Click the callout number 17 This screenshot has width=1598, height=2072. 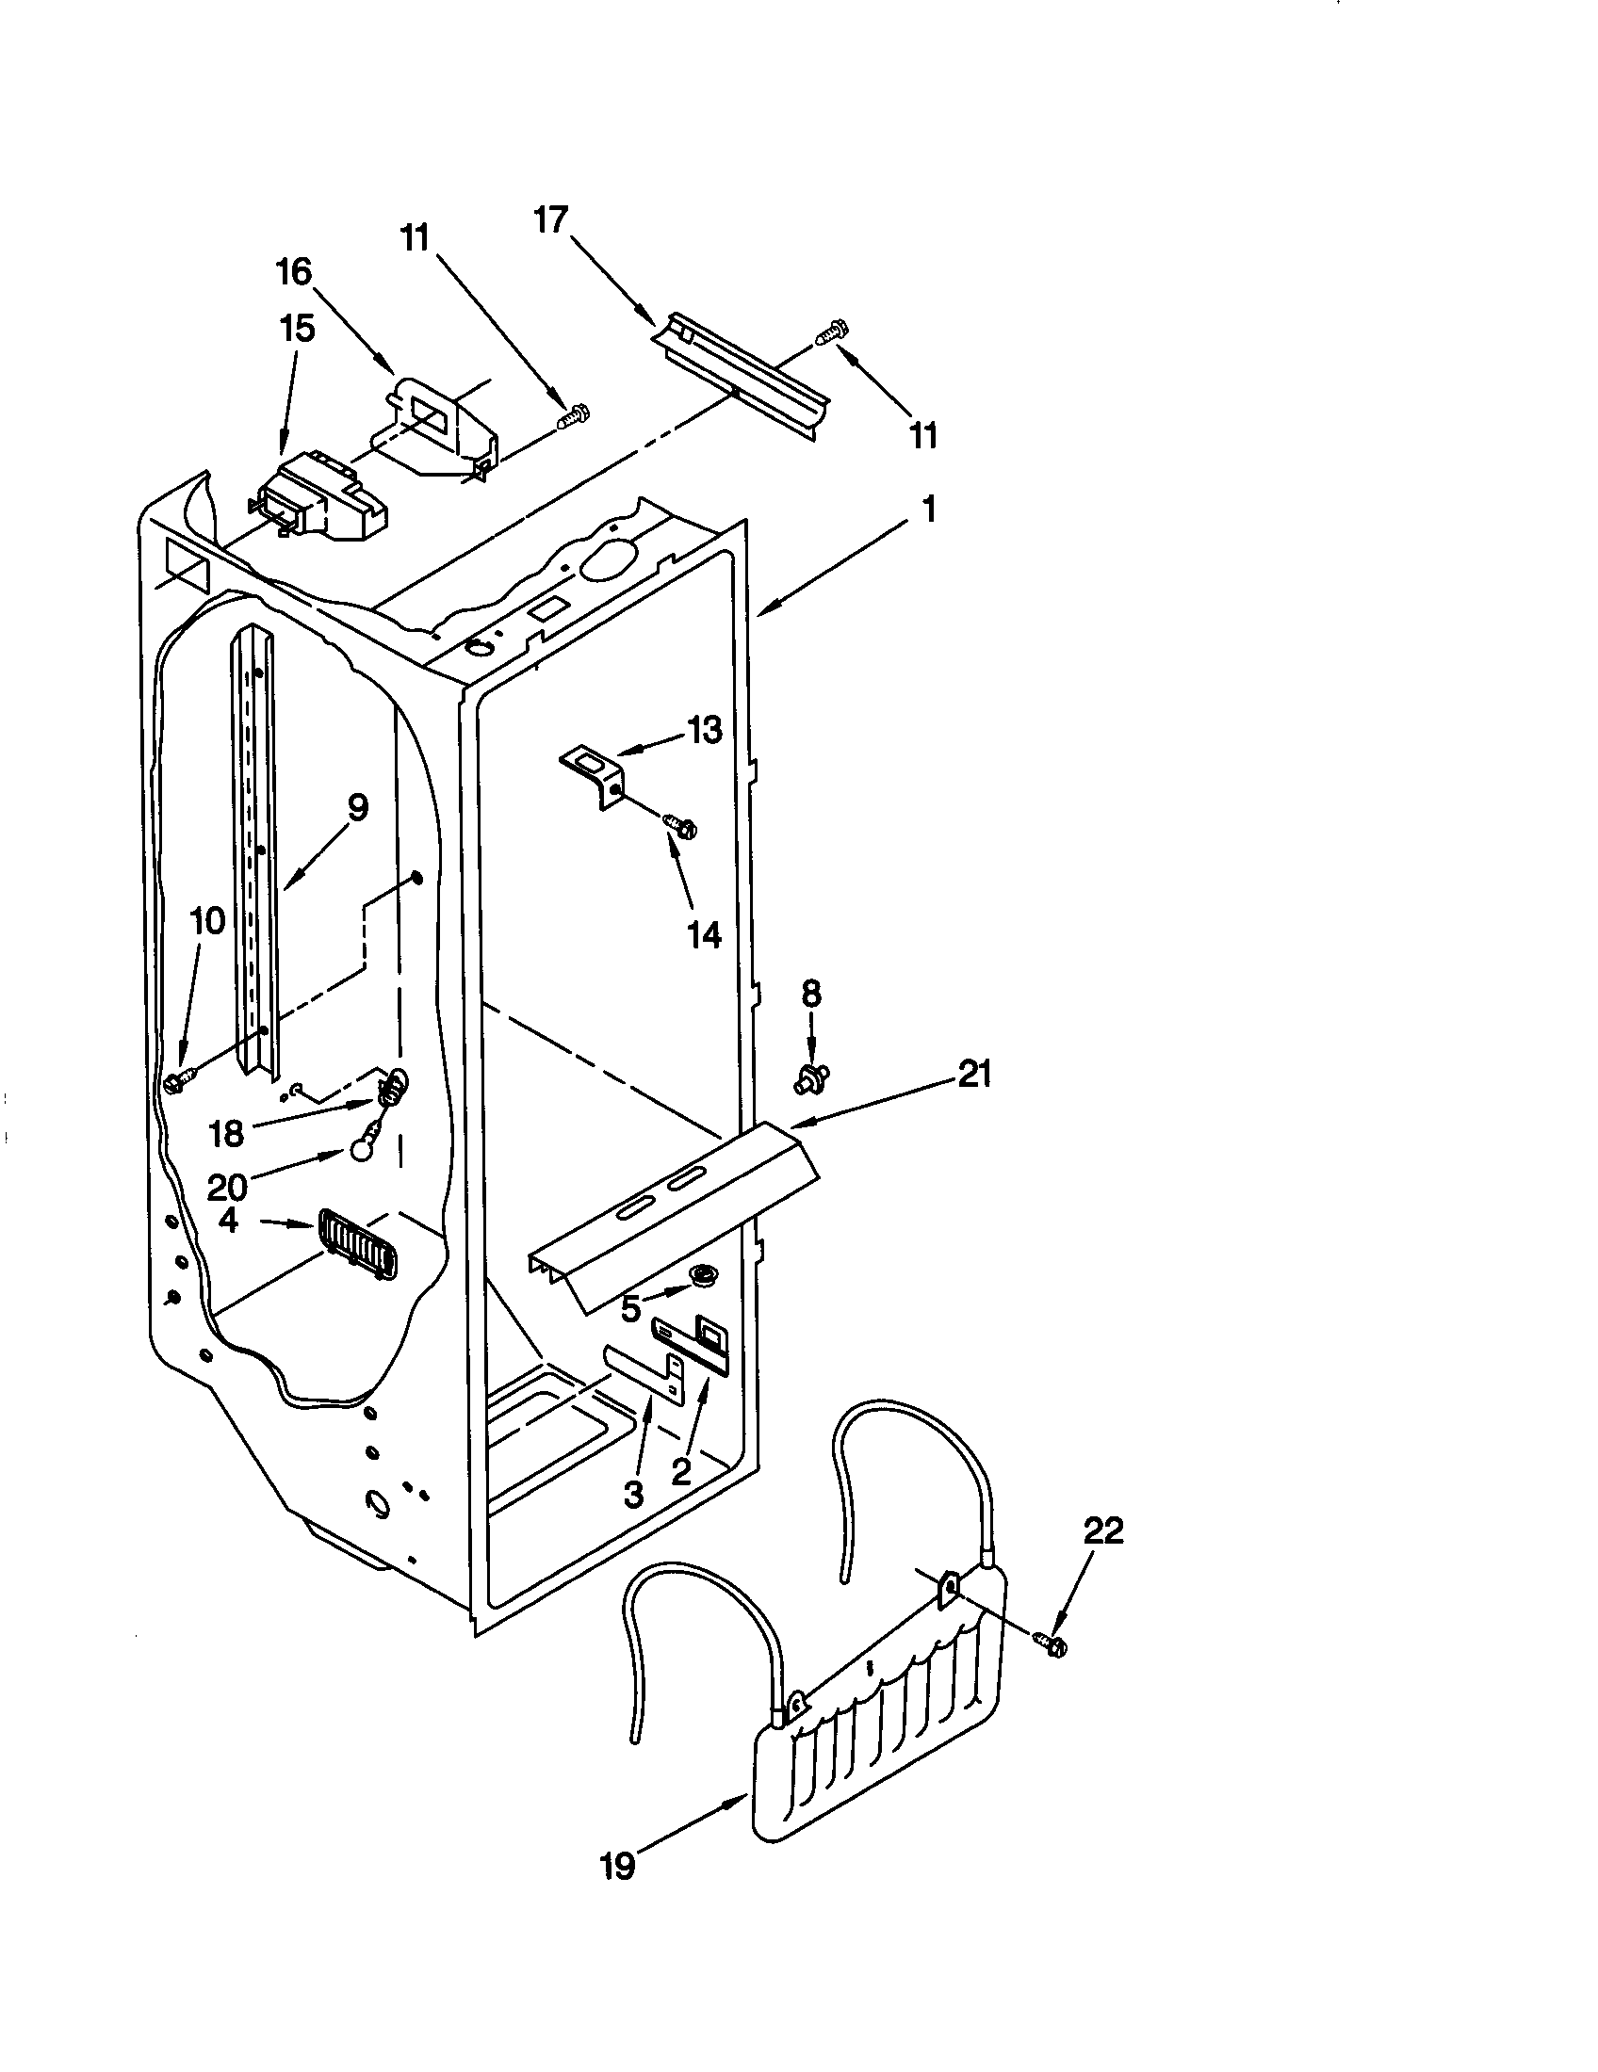(x=550, y=221)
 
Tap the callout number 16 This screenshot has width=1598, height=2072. (x=294, y=272)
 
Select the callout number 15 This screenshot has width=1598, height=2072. (x=297, y=330)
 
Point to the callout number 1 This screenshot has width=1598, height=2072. (x=928, y=510)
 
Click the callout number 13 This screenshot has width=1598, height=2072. (x=704, y=731)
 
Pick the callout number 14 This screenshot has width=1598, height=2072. (x=704, y=935)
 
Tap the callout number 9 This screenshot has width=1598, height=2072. (x=357, y=807)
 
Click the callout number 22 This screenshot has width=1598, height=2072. (x=1101, y=1530)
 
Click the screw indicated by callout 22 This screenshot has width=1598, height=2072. (x=1051, y=1644)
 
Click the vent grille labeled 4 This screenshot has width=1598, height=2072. (x=359, y=1243)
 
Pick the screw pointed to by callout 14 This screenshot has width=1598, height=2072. (x=682, y=826)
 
